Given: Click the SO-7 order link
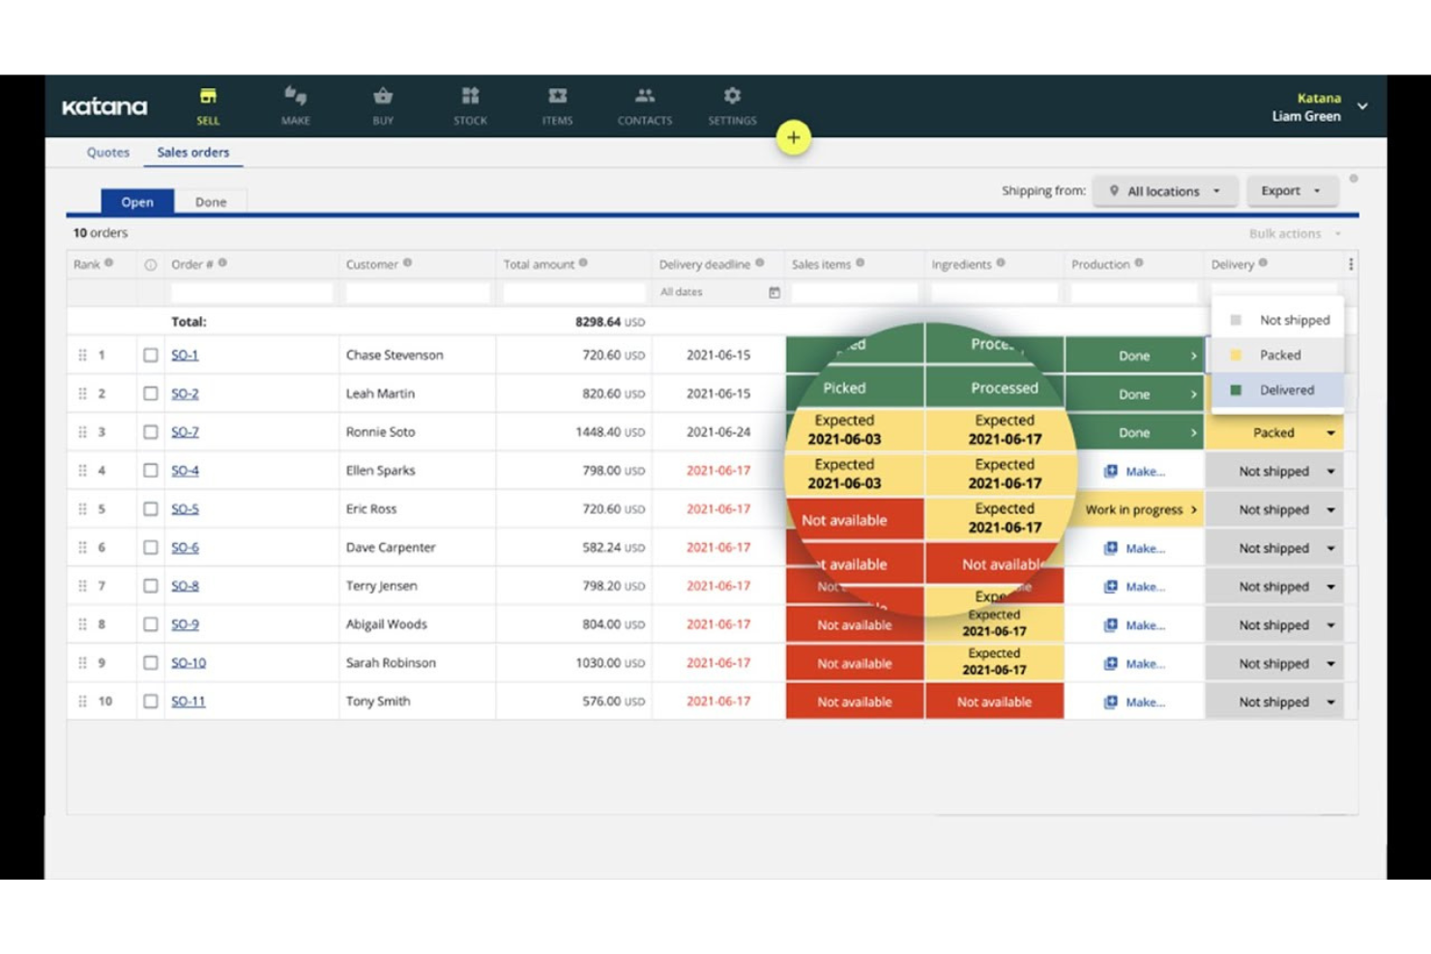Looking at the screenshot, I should (x=185, y=432).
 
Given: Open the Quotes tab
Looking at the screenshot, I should (x=107, y=152).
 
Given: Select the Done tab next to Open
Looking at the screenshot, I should (x=210, y=202).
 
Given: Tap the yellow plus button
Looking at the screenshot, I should (x=793, y=137).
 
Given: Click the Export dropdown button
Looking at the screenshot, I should (x=1290, y=190).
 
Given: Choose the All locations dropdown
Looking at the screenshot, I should (x=1166, y=191).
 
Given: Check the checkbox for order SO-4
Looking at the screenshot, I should (x=151, y=471).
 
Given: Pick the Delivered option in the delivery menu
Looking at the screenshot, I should (x=1286, y=390).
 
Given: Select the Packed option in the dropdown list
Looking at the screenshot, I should (x=1279, y=355).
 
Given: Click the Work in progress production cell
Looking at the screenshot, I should (x=1134, y=509).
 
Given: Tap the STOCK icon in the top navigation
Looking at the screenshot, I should (x=470, y=104).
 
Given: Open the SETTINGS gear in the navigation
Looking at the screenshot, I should (x=732, y=104).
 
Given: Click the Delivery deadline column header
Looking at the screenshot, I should (x=705, y=264).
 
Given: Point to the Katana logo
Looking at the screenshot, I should (x=104, y=106).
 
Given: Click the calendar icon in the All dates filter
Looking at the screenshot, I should (x=774, y=292).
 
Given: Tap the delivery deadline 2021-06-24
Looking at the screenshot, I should (x=717, y=432).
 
